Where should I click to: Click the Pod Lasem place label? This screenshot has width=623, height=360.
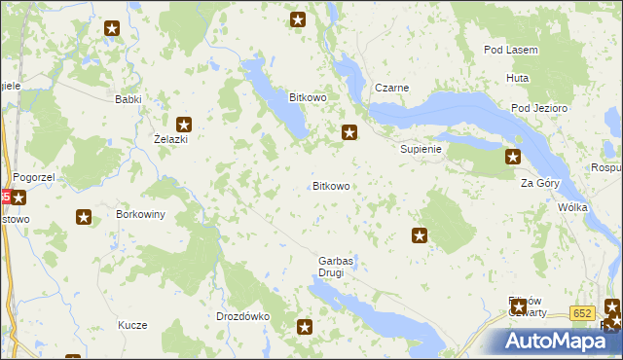[x=511, y=50]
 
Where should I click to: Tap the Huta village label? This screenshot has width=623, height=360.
[x=517, y=78]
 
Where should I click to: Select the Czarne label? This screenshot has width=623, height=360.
[x=390, y=88]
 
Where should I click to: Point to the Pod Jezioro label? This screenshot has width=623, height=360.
[x=534, y=108]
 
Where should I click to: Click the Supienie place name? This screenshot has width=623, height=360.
[x=421, y=150]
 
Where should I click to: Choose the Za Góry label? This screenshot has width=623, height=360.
[x=539, y=183]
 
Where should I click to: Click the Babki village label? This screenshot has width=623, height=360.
[x=128, y=99]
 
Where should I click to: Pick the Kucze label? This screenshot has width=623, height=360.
[x=131, y=325]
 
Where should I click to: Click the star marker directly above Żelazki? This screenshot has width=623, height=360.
[x=183, y=124]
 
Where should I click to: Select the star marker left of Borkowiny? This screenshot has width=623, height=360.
[x=84, y=218]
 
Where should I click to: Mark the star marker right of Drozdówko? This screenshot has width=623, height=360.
[x=305, y=328]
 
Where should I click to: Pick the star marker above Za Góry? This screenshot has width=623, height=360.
[x=512, y=156]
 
